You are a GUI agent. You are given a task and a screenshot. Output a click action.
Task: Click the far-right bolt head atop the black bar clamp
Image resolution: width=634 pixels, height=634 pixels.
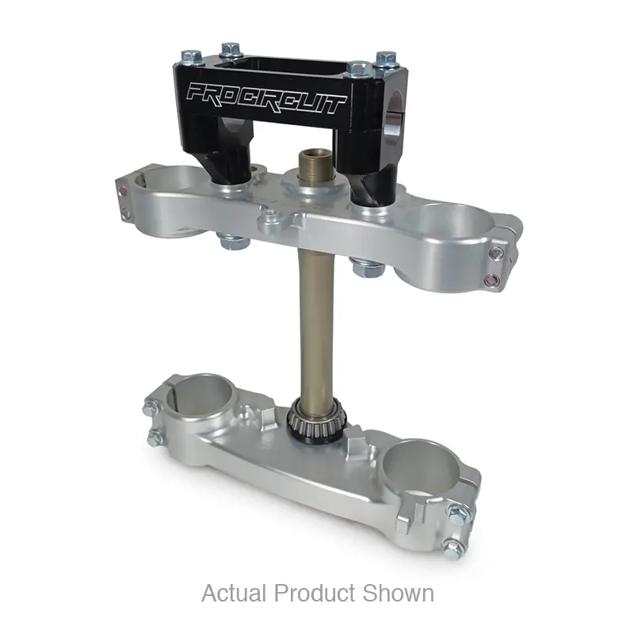pos(386,59)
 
